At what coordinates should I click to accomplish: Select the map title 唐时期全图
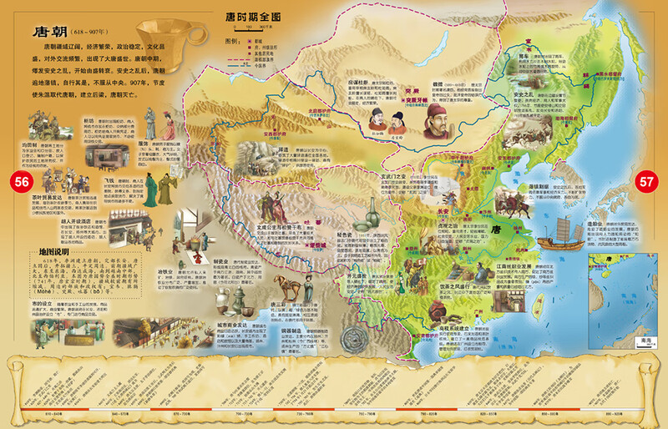[254, 16]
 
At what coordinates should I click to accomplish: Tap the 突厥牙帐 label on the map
[407, 118]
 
